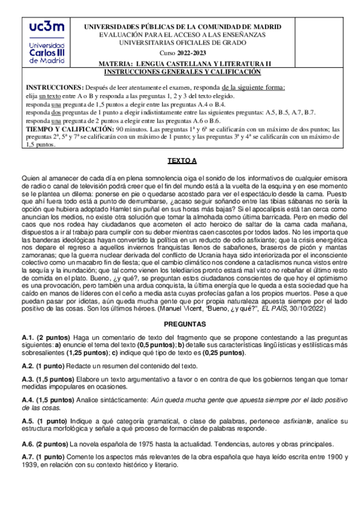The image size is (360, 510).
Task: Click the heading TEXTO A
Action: [180, 162]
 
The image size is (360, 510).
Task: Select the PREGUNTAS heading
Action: [180, 324]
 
